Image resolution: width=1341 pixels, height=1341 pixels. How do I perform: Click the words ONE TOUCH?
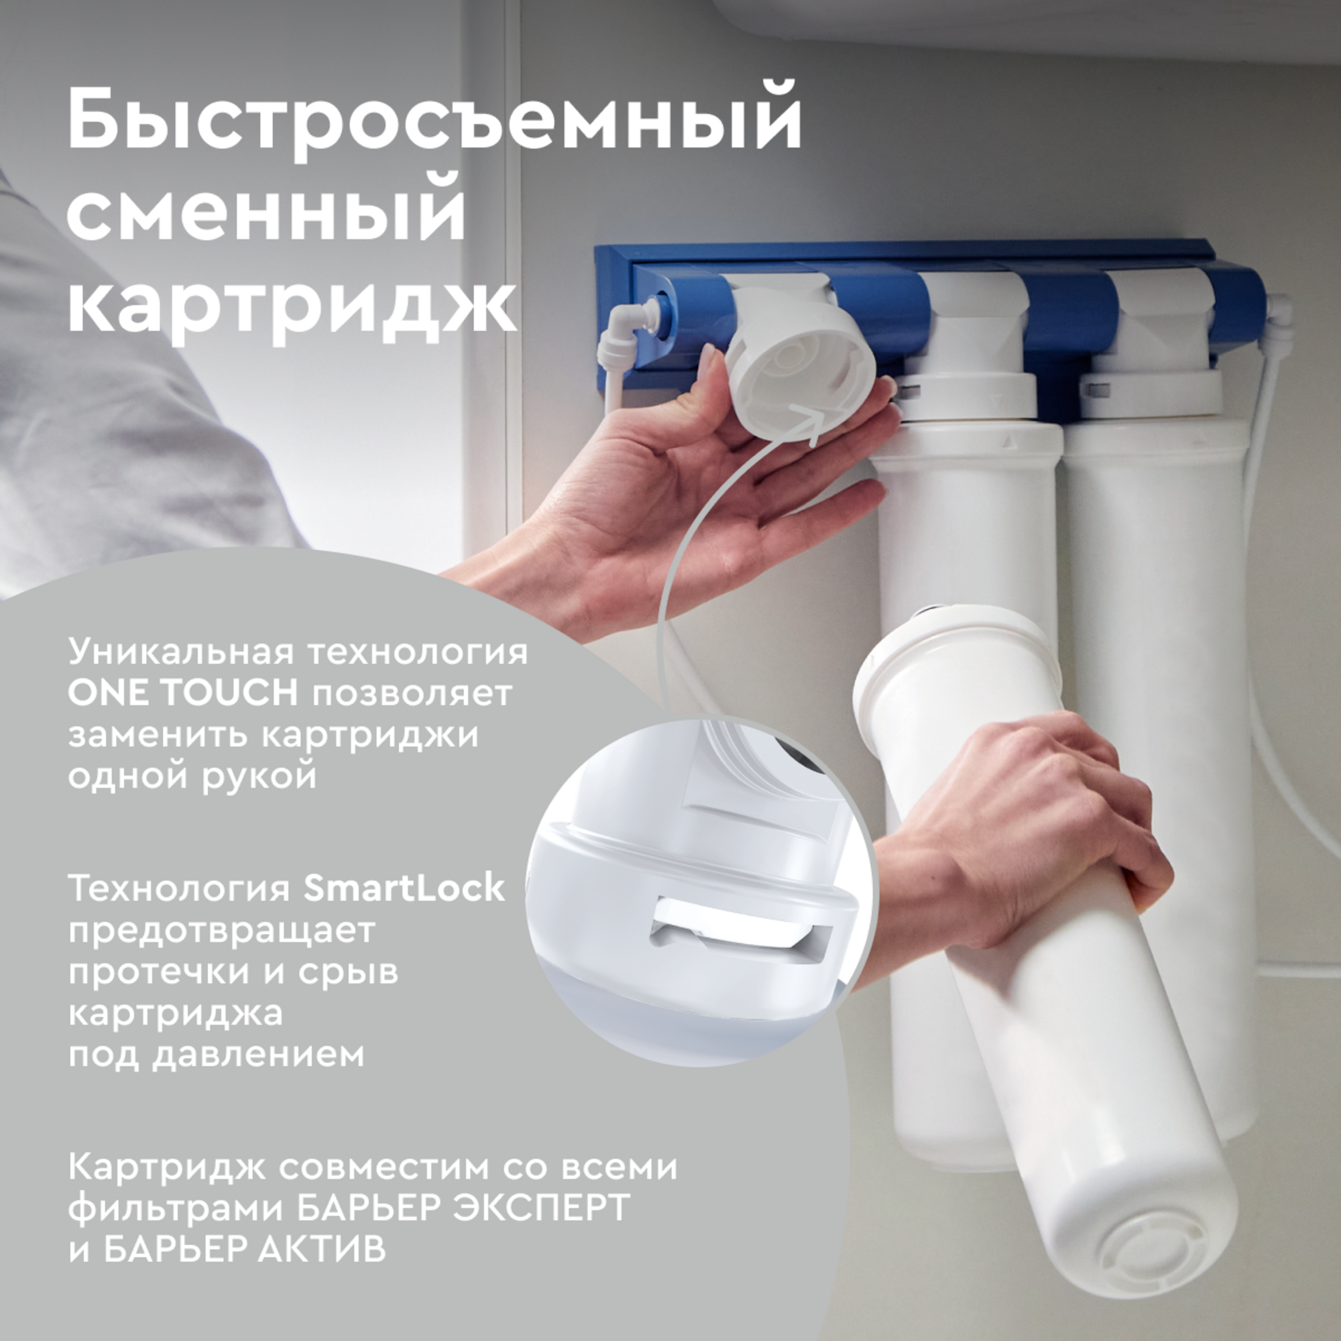[182, 693]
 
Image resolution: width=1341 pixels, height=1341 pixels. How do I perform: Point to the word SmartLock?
[404, 888]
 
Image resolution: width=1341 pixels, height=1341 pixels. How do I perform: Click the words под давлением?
[216, 1054]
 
